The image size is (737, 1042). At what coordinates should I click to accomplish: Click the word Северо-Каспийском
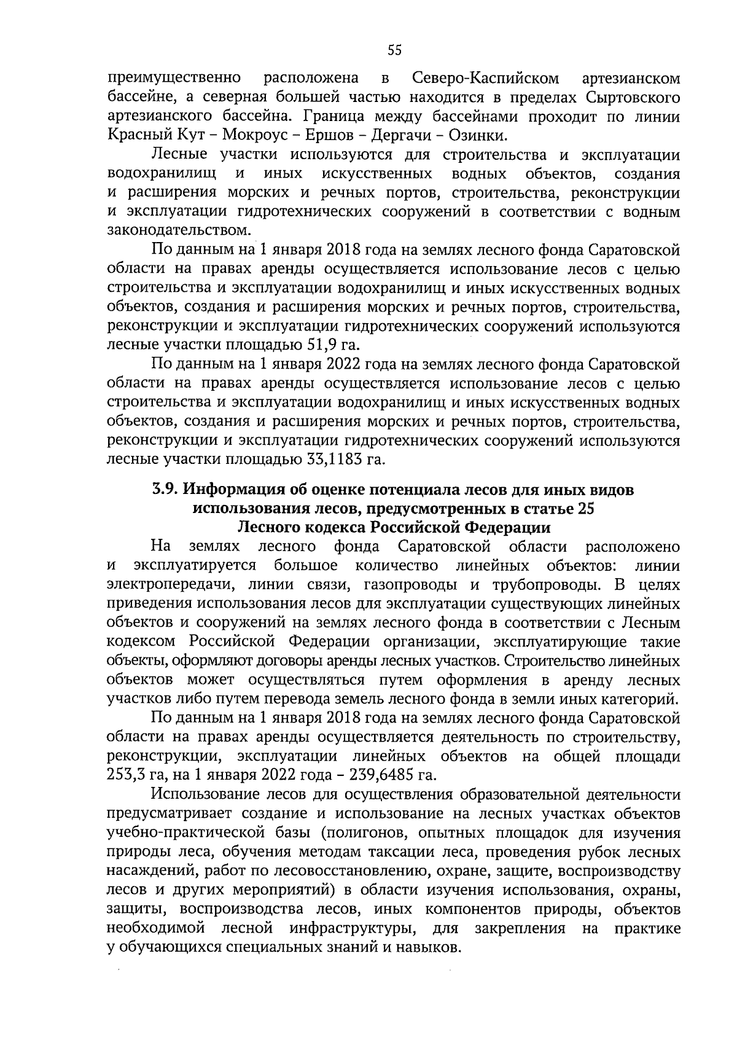coord(486,79)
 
